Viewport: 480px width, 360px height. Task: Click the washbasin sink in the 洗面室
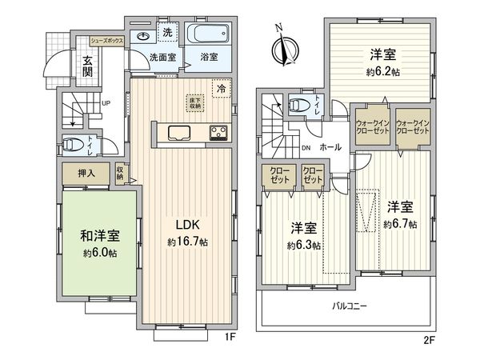[x=145, y=35]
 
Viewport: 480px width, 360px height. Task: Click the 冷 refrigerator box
[x=219, y=90]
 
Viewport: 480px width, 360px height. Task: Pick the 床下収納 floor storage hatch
[x=194, y=102]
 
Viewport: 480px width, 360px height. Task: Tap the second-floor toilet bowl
[x=300, y=104]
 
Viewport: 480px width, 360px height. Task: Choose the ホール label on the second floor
[x=330, y=148]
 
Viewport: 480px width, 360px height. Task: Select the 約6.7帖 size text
[x=399, y=225]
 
